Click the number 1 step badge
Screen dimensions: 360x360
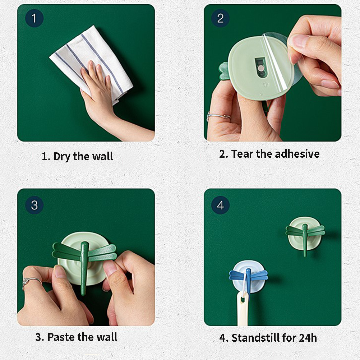pos(34,18)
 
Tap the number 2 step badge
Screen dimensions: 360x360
pos(220,18)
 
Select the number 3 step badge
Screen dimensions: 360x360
pos(34,205)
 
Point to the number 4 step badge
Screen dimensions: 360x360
pos(220,205)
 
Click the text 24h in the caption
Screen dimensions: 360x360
pos(308,338)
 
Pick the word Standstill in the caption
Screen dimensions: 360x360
pos(255,338)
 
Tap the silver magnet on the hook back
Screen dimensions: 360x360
pos(260,68)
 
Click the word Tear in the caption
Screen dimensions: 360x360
pos(243,154)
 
